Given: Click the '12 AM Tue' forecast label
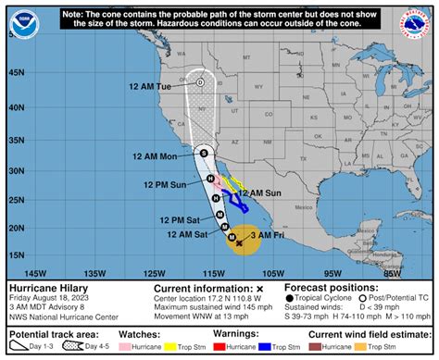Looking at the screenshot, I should [151, 86].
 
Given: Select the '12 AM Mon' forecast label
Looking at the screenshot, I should [155, 155].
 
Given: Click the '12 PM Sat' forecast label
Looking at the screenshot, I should [181, 219].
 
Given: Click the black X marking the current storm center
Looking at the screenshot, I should [239, 243].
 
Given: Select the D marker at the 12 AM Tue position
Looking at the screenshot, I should [200, 82].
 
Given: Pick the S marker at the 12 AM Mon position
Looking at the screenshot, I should [203, 151].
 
